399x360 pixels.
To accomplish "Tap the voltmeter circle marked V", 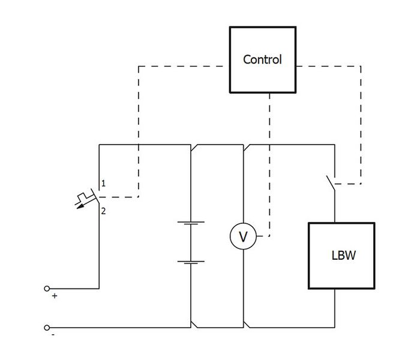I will pyautogui.click(x=243, y=238).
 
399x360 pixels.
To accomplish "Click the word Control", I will pyautogui.click(x=262, y=60).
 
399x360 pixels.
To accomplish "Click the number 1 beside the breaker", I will pyautogui.click(x=103, y=184).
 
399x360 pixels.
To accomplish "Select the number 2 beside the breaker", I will pyautogui.click(x=103, y=211).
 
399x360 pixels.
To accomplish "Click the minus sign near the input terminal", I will pyautogui.click(x=53, y=335).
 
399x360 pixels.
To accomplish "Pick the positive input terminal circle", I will pyautogui.click(x=47, y=289).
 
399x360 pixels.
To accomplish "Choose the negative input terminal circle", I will pyautogui.click(x=47, y=328).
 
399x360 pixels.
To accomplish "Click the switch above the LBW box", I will pyautogui.click(x=330, y=181).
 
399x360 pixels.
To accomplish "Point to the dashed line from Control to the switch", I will pyautogui.click(x=361, y=120).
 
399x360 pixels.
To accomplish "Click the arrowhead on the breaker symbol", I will pyautogui.click(x=79, y=205).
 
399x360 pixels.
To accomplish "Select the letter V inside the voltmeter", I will pyautogui.click(x=243, y=238).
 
